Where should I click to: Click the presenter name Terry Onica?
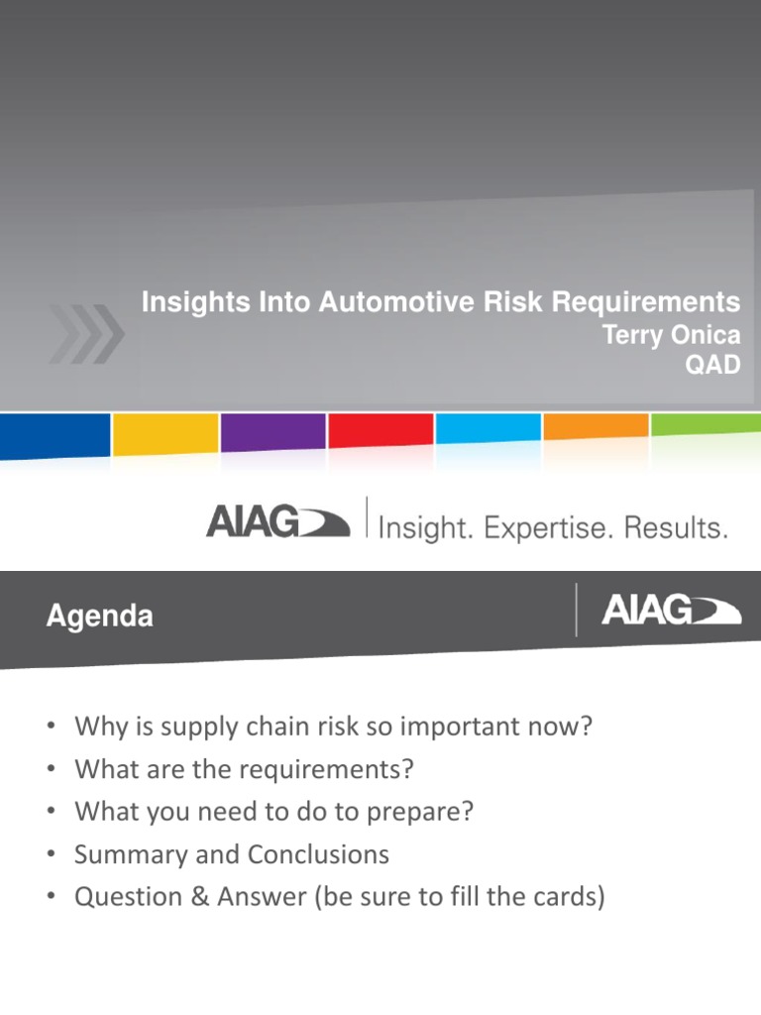(x=672, y=335)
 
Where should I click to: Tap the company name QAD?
(x=713, y=365)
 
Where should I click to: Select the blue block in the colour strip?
(x=54, y=434)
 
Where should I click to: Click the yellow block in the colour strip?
(x=164, y=434)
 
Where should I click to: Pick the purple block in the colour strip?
(x=272, y=433)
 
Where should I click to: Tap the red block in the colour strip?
(x=380, y=431)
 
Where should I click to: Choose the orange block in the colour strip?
(x=596, y=427)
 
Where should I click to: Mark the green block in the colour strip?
(x=706, y=425)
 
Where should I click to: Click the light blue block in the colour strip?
(x=488, y=429)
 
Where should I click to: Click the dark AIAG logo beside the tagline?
(x=276, y=522)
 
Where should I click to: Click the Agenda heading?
(x=99, y=617)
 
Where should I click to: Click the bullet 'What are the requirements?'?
(x=243, y=769)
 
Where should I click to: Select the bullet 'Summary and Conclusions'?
(x=231, y=854)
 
